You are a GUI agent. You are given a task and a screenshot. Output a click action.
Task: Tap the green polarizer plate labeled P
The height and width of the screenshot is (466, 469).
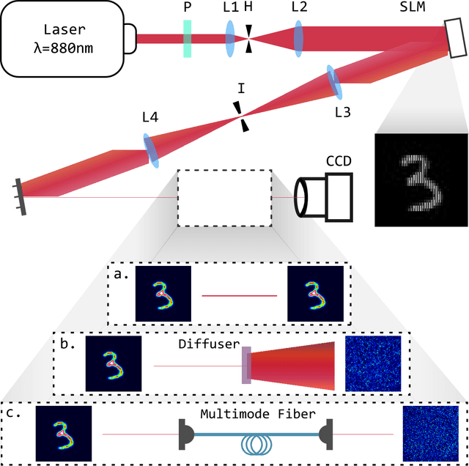coord(188,38)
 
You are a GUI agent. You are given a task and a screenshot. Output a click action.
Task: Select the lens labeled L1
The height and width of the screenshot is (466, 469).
coord(230,38)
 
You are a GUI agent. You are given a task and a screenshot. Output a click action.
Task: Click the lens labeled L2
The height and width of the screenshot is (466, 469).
coord(299,38)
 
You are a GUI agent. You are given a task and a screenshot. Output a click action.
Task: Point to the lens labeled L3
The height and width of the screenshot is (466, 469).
coord(335,82)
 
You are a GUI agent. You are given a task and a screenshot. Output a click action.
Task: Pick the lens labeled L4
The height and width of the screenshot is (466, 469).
coord(151,149)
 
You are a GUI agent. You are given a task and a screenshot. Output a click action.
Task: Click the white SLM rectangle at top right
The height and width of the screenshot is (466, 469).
coord(454,40)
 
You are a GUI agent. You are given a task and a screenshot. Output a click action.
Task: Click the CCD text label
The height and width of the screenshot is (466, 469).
coord(340,161)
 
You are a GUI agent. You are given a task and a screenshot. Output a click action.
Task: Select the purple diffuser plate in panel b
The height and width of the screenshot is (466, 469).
coord(246,364)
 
